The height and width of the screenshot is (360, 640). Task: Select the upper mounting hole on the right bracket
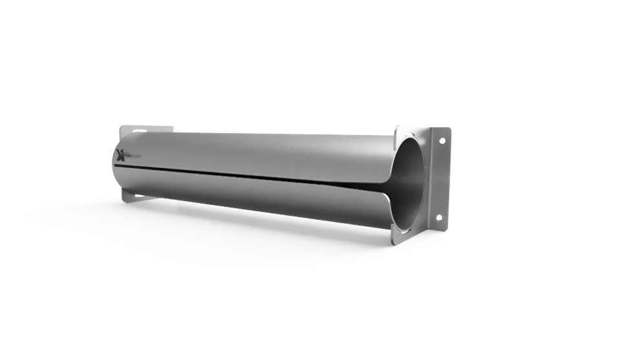[x=442, y=140]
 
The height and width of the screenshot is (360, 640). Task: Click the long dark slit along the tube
[x=259, y=174]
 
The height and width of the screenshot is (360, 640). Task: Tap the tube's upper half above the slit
[x=259, y=152]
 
